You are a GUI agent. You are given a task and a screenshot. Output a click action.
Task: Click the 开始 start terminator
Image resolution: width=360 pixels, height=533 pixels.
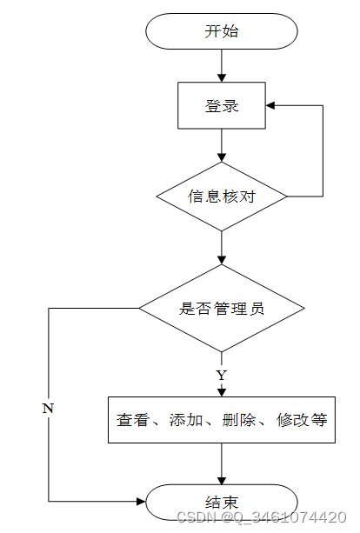[222, 31]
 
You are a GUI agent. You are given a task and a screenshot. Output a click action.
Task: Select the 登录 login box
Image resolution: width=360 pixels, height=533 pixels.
[222, 105]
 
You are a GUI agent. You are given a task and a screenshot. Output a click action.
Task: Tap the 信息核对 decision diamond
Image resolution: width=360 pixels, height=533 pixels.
[222, 197]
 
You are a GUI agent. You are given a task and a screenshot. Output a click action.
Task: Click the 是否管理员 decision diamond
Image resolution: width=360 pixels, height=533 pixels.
[222, 309]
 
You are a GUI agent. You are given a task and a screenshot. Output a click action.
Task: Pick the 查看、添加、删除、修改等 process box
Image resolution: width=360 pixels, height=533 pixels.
[222, 420]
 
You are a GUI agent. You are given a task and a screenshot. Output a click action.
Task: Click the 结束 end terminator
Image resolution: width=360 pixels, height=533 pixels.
[222, 502]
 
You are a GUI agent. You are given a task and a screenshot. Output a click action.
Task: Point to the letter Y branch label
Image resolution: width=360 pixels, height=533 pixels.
[221, 376]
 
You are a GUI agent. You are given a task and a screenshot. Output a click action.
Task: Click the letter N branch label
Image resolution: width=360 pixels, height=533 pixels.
[48, 408]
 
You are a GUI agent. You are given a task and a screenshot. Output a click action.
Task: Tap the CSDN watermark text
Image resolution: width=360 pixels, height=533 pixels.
[262, 517]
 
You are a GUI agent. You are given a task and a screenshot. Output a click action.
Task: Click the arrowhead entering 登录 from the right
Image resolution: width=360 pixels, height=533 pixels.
[270, 105]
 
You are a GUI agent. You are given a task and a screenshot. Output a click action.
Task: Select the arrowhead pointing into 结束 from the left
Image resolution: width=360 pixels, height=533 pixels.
[141, 501]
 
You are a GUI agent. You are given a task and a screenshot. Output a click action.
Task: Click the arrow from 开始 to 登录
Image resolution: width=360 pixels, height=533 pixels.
[222, 65]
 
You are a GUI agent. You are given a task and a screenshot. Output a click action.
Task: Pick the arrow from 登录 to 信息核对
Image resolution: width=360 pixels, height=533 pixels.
[222, 145]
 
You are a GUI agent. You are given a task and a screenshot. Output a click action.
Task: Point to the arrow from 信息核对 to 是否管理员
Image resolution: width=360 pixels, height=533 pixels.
[222, 248]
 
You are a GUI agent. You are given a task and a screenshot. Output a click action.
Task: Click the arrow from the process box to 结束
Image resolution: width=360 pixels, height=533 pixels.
[222, 464]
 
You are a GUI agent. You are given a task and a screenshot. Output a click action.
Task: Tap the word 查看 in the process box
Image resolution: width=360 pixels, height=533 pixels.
[132, 420]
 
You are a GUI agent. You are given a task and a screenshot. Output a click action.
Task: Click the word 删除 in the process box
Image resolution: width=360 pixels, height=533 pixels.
[238, 420]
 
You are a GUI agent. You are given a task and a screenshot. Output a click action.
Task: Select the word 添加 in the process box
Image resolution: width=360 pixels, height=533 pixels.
[186, 420]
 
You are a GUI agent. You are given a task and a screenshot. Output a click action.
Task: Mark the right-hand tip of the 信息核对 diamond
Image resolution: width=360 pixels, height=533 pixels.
[287, 197]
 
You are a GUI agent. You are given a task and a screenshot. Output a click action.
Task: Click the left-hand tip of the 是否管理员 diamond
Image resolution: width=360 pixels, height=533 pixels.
[139, 309]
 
